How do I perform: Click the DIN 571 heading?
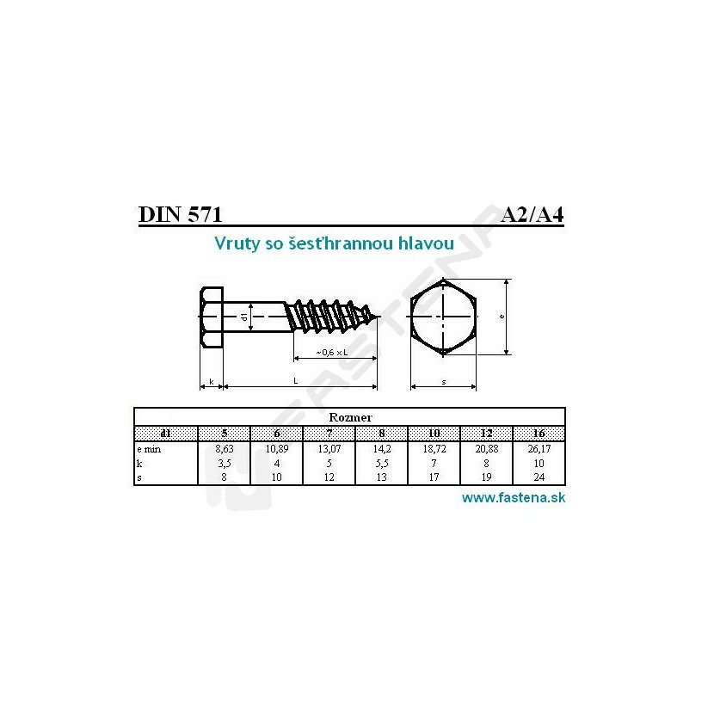(181, 214)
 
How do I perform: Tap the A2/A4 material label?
(532, 214)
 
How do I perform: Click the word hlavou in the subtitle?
(426, 243)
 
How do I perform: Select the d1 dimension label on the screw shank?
(244, 316)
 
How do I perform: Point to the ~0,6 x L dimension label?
(331, 352)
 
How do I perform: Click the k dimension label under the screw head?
(212, 382)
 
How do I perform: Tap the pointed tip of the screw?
(379, 316)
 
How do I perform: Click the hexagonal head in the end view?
(443, 317)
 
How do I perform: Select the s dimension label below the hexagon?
(444, 382)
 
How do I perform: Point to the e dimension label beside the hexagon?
(502, 316)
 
